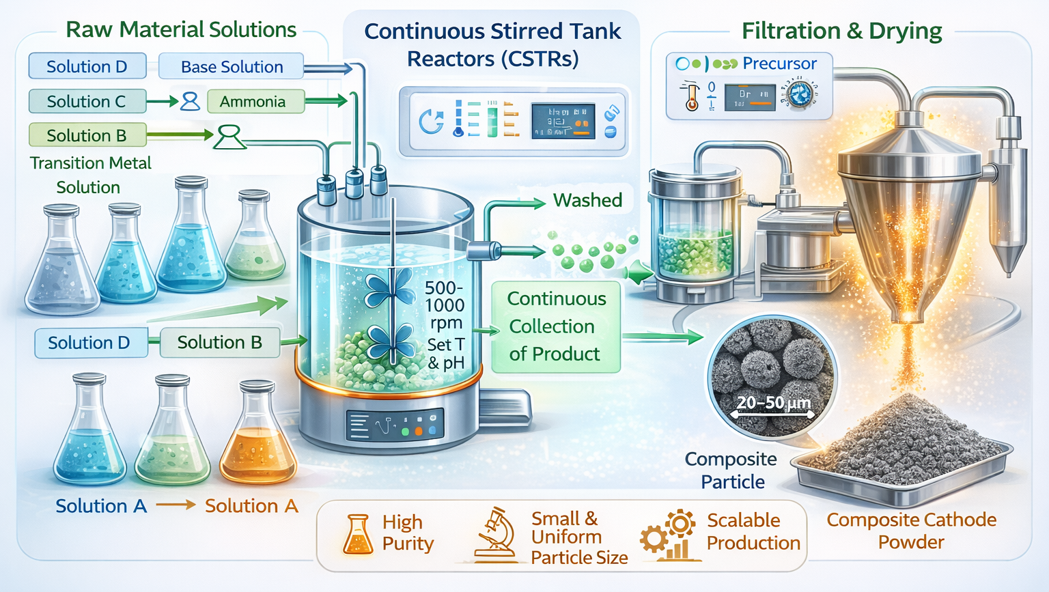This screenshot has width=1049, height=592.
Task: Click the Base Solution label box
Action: [232, 67]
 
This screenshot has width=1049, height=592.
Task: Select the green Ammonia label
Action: [253, 102]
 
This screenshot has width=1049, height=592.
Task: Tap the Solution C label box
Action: [87, 102]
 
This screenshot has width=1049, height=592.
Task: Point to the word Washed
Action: [587, 200]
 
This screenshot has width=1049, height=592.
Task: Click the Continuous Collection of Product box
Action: [555, 326]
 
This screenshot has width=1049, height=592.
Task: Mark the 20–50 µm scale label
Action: [773, 403]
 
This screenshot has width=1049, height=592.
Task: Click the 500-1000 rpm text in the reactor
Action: [445, 305]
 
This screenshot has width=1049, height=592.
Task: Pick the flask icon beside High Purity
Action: [357, 534]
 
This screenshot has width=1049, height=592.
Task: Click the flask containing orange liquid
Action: [257, 437]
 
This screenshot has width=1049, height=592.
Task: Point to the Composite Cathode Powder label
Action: [911, 531]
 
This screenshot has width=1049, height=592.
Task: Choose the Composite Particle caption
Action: [731, 470]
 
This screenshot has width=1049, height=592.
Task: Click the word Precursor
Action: [779, 64]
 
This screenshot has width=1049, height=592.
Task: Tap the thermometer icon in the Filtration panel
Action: [691, 96]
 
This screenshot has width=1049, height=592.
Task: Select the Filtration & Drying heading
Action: [841, 31]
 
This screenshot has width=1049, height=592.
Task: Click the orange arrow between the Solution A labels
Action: [176, 505]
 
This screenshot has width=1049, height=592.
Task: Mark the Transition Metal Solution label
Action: [90, 175]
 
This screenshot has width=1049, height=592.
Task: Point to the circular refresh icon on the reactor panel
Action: [431, 122]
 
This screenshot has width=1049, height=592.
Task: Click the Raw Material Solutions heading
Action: [181, 29]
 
